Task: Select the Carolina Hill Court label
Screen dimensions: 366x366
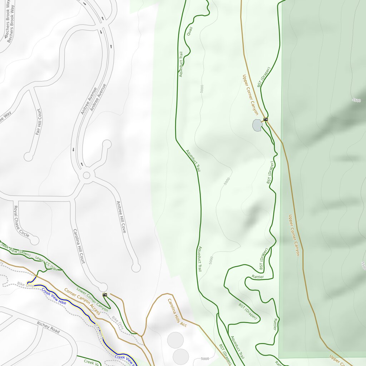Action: [79, 246]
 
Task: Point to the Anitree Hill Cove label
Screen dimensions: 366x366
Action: [121, 217]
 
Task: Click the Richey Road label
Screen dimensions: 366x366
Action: [48, 327]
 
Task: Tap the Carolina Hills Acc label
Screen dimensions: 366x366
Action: [177, 313]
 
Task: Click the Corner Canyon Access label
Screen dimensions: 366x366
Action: [82, 302]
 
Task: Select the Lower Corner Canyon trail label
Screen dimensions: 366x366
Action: [92, 299]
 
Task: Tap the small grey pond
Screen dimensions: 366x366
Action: [257, 125]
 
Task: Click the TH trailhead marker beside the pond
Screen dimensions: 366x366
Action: [265, 119]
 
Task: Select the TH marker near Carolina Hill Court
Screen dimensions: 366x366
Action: [105, 295]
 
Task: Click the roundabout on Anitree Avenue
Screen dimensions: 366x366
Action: [86, 175]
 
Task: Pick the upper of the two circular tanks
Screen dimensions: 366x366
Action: [175, 340]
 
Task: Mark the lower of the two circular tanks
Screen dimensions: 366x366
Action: [181, 356]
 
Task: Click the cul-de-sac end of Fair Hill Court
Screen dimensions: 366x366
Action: [28, 157]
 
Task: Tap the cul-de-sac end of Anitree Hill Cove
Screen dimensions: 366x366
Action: [136, 267]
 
